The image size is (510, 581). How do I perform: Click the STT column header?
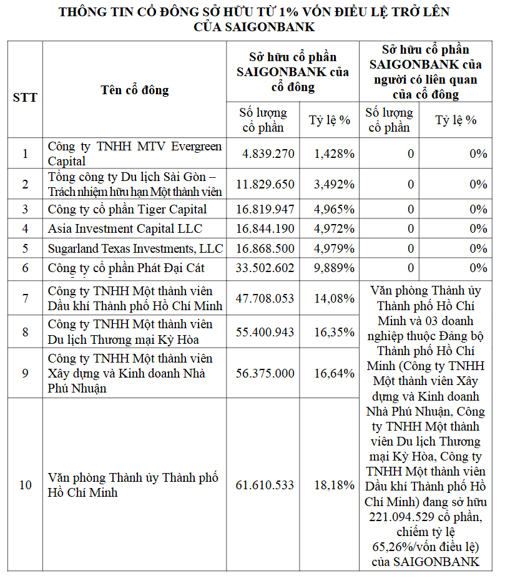pyautogui.click(x=25, y=97)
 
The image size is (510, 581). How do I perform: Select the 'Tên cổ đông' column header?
pyautogui.click(x=135, y=90)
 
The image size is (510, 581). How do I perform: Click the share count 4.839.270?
pyautogui.click(x=265, y=154)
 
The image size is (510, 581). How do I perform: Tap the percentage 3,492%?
pyautogui.click(x=335, y=184)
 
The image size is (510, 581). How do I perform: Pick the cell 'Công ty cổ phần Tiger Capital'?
pyautogui.click(x=127, y=209)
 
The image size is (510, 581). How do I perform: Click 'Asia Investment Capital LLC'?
pyautogui.click(x=125, y=229)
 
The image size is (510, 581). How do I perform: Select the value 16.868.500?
pyautogui.click(x=265, y=248)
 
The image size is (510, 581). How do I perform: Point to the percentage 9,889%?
pyautogui.click(x=335, y=268)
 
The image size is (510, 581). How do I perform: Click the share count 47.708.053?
pyautogui.click(x=265, y=298)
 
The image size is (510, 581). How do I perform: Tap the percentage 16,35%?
pyautogui.click(x=335, y=332)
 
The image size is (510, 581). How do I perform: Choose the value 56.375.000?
pyautogui.click(x=265, y=373)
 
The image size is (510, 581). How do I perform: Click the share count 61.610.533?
pyautogui.click(x=265, y=485)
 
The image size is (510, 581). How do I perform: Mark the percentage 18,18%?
pyautogui.click(x=335, y=485)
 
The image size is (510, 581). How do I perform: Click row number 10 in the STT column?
pyautogui.click(x=25, y=485)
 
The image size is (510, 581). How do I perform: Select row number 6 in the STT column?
pyautogui.click(x=25, y=268)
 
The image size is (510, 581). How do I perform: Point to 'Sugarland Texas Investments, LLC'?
pyautogui.click(x=135, y=248)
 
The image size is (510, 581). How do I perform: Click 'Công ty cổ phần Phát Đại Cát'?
pyautogui.click(x=127, y=268)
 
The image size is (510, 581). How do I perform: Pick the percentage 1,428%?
pyautogui.click(x=335, y=154)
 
